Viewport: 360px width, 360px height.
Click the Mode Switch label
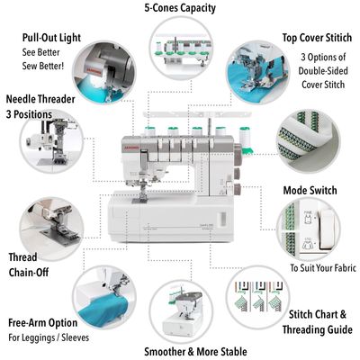310,192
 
